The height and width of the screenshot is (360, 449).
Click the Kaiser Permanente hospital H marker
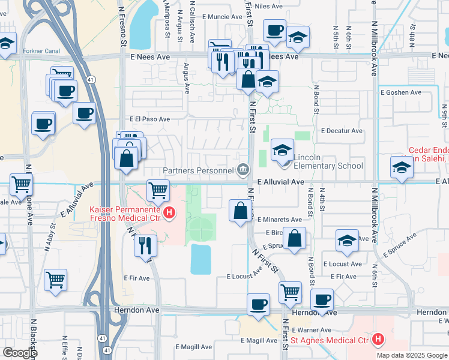pyautogui.click(x=170, y=212)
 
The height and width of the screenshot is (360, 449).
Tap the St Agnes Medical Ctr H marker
pyautogui.click(x=378, y=340)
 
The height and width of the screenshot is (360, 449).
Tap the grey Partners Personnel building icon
pyautogui.click(x=243, y=170)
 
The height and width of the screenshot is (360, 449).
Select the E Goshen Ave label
pyautogui.click(x=401, y=92)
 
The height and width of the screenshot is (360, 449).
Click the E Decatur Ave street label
pyautogui.click(x=342, y=130)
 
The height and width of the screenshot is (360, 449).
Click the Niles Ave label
pyautogui.click(x=268, y=7)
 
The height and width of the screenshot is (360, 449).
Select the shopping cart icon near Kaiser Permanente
pyautogui.click(x=158, y=190)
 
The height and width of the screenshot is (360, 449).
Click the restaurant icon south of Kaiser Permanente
pyautogui.click(x=145, y=245)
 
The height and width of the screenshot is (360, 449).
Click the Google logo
pyautogui.click(x=19, y=353)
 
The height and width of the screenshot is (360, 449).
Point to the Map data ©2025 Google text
pyautogui.click(x=412, y=355)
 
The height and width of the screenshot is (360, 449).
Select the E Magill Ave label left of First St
pyautogui.click(x=193, y=347)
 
